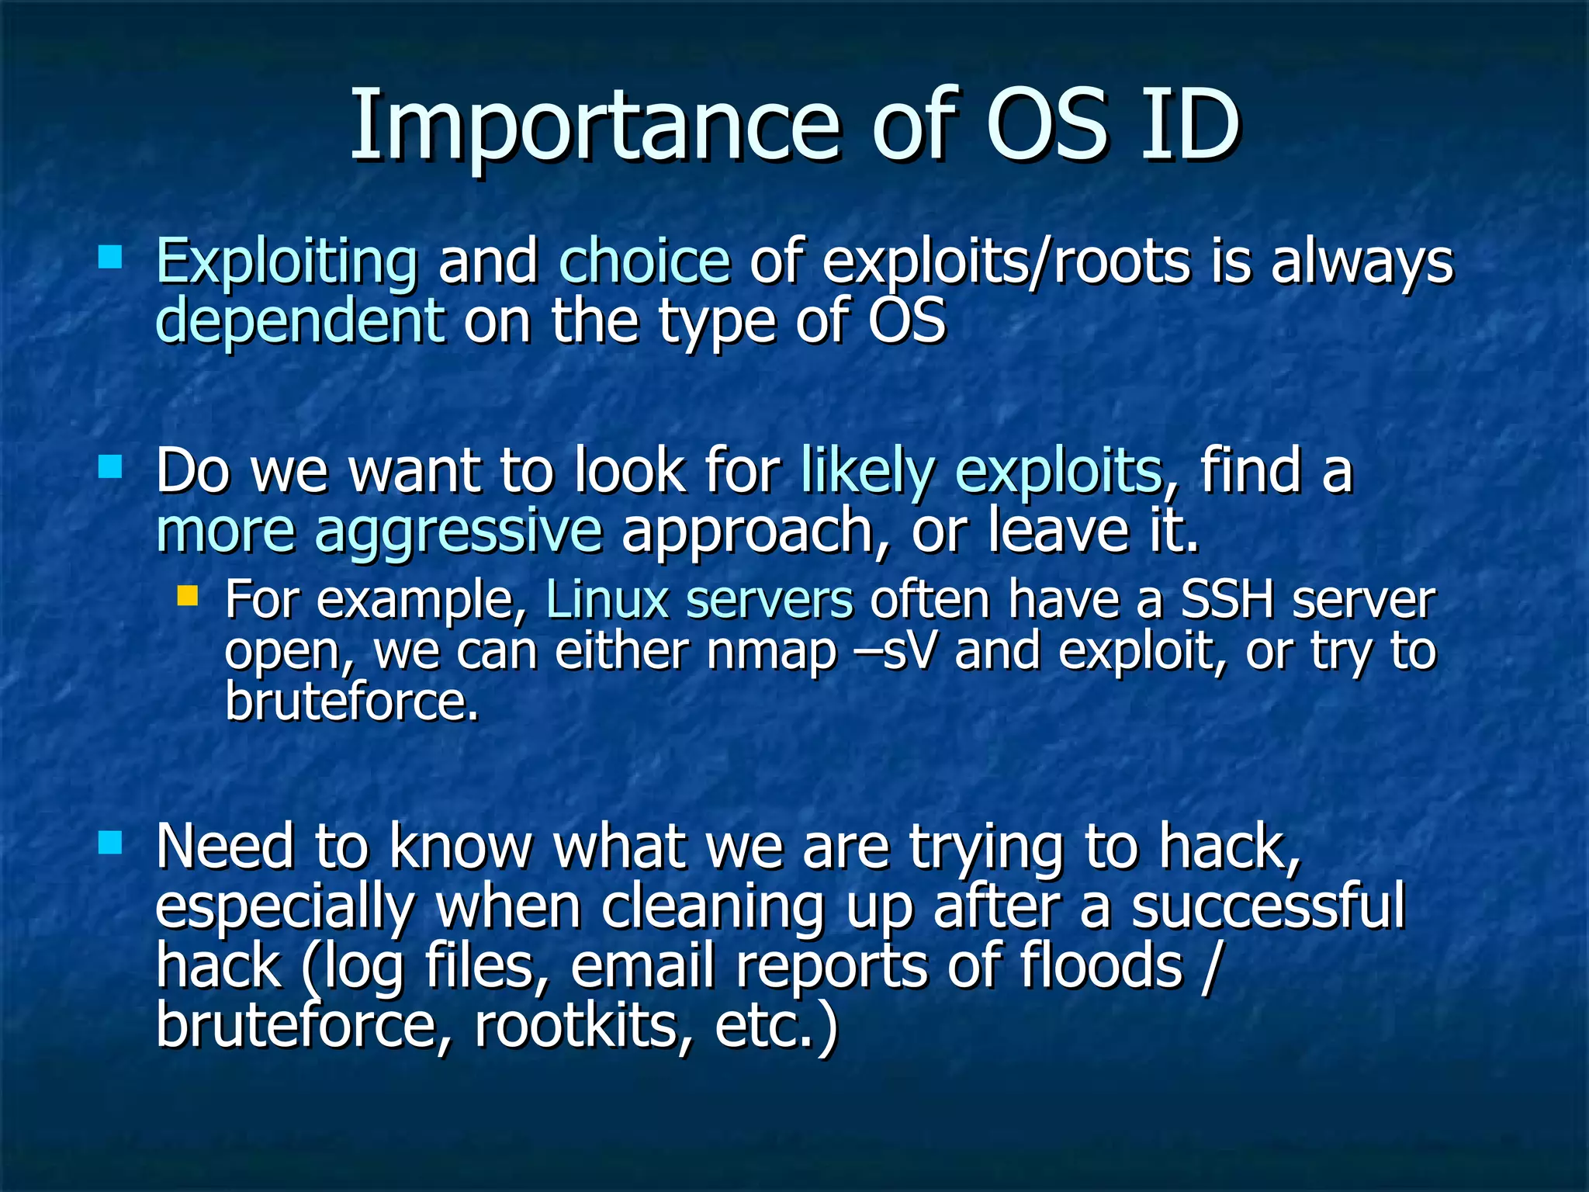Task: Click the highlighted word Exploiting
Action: pyautogui.click(x=286, y=262)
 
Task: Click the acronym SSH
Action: pyautogui.click(x=1227, y=600)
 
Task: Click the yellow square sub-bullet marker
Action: pyautogui.click(x=187, y=596)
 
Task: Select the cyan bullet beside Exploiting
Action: pyautogui.click(x=110, y=257)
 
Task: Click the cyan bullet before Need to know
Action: pyautogui.click(x=110, y=842)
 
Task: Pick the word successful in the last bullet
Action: pyautogui.click(x=1268, y=906)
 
